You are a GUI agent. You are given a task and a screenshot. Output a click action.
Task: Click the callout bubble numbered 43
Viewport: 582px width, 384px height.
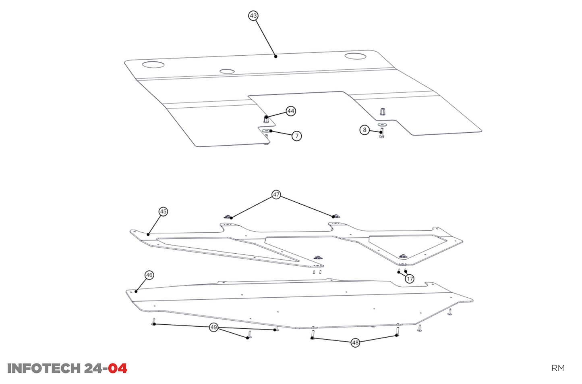click(x=253, y=16)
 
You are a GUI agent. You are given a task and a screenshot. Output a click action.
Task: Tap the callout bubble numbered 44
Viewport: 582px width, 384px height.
click(x=291, y=111)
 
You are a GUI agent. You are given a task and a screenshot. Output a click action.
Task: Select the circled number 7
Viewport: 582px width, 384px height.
click(x=297, y=136)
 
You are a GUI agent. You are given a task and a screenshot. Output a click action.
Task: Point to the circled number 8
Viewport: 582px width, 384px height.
click(x=365, y=130)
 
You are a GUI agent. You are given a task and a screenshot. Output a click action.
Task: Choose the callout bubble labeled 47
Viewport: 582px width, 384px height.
click(x=276, y=194)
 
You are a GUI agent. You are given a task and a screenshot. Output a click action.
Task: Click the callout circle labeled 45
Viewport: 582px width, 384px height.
click(x=163, y=211)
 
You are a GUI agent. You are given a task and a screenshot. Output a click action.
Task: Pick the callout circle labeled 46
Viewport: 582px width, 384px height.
click(x=149, y=275)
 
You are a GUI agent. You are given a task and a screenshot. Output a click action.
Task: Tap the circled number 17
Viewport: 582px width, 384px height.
click(x=410, y=279)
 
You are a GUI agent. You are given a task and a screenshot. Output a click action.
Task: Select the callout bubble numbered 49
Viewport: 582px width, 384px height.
click(x=213, y=327)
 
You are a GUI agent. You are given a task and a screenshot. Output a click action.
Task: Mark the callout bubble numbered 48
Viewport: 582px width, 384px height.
click(x=355, y=342)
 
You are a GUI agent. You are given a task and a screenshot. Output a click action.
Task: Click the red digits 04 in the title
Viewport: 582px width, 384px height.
click(x=118, y=368)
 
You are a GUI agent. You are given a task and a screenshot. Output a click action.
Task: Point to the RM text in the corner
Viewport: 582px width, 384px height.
click(x=558, y=368)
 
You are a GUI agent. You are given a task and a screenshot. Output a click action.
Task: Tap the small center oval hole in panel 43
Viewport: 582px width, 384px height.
click(x=227, y=71)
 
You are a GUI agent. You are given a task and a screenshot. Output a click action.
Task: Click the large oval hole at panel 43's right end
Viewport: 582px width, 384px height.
click(x=355, y=56)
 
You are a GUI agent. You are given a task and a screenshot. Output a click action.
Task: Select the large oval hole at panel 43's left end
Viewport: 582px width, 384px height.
click(x=153, y=65)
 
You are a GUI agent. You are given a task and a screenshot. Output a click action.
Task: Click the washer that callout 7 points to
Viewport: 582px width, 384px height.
click(x=266, y=130)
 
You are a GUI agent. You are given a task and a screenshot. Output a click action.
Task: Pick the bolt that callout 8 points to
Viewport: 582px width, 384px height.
click(x=382, y=133)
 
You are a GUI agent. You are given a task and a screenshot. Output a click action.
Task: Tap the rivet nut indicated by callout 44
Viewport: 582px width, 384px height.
click(x=266, y=119)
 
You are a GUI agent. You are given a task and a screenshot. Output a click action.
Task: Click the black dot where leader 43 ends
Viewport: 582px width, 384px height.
click(x=275, y=56)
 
